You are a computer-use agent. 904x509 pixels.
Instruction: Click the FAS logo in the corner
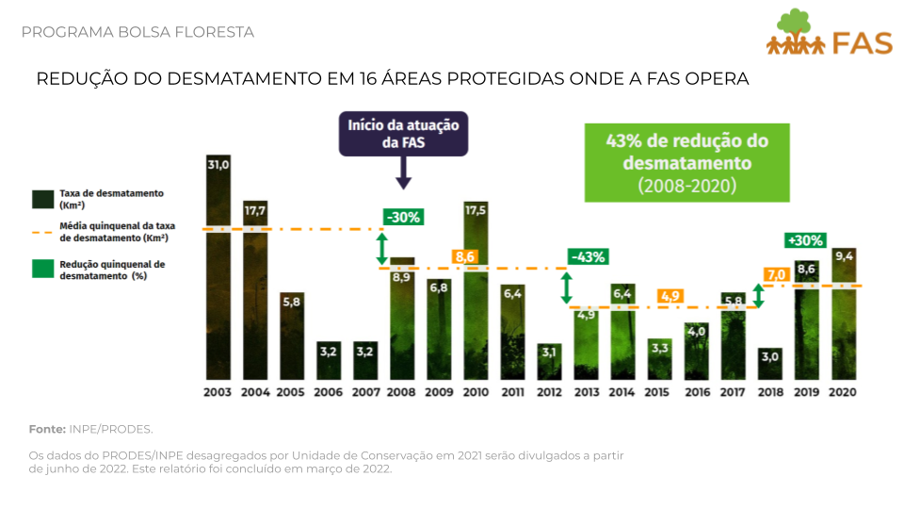pos(828,34)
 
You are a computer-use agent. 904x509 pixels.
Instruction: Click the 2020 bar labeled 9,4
pos(844,312)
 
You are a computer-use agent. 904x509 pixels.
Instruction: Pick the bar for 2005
pos(292,335)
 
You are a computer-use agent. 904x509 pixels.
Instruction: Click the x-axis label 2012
pos(549,391)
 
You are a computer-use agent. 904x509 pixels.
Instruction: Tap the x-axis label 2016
pos(697,391)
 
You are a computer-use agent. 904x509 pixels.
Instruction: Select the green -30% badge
pos(403,217)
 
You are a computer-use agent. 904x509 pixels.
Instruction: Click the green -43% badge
pos(588,256)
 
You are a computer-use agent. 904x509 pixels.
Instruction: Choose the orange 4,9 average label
pos(670,296)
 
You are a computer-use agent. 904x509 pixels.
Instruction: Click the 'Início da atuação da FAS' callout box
pos(403,134)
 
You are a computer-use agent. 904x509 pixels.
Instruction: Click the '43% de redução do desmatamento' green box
pos(686,162)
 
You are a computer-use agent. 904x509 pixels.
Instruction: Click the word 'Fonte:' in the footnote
pos(46,429)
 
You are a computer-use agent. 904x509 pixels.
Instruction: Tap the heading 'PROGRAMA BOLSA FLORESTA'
pos(137,32)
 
